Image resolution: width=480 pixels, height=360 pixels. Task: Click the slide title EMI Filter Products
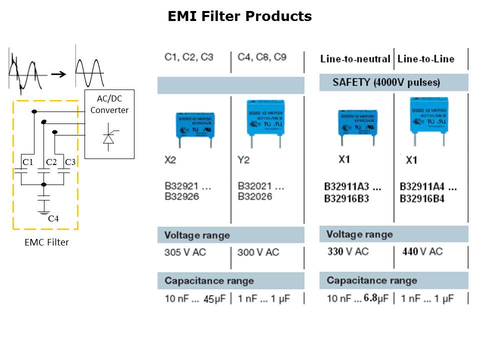(x=239, y=16)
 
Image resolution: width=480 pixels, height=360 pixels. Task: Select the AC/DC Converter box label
(x=109, y=104)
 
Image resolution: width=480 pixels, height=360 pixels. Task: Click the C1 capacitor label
(x=27, y=162)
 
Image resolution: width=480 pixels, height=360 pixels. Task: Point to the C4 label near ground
(x=53, y=218)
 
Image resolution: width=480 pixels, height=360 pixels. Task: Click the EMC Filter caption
(x=46, y=242)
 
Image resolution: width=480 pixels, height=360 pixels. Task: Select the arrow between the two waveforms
(x=59, y=74)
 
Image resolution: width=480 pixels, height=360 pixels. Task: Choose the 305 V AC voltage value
(x=185, y=252)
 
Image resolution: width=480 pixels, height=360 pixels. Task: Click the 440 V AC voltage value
(x=422, y=251)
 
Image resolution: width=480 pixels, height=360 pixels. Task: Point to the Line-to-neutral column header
(x=355, y=59)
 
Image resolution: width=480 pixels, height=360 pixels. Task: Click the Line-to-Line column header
(x=426, y=59)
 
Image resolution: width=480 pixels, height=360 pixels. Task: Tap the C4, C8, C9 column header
(x=262, y=57)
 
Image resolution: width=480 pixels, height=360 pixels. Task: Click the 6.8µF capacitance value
(x=376, y=298)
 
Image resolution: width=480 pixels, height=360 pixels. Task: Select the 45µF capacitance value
(x=215, y=299)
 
